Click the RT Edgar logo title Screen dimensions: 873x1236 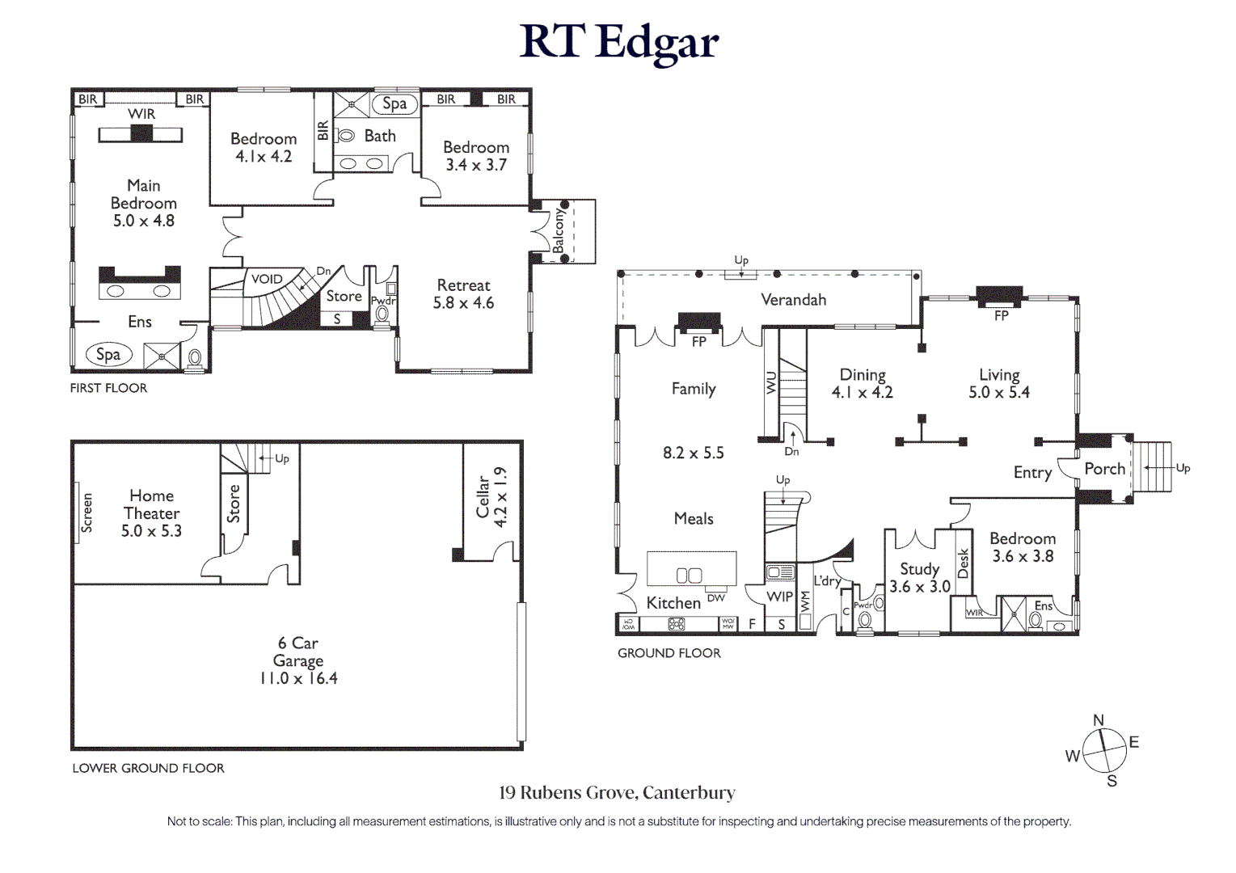[618, 42]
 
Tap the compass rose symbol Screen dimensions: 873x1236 [1103, 751]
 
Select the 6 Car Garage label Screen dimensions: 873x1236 [298, 652]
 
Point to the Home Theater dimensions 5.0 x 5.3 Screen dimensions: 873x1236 [151, 531]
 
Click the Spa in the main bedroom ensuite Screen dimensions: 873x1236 [108, 354]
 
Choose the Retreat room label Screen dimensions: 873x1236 [463, 285]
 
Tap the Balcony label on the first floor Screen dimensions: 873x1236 [559, 231]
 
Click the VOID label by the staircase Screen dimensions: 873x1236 [267, 279]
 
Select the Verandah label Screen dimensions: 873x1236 [793, 300]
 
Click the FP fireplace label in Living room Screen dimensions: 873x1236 [1001, 316]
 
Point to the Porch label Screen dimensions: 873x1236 [1104, 469]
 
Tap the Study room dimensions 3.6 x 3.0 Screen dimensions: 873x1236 [919, 587]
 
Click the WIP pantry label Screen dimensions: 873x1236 [779, 597]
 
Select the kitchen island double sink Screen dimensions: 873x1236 [689, 576]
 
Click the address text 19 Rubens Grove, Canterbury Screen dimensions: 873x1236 [617, 793]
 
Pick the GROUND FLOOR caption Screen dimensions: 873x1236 [669, 653]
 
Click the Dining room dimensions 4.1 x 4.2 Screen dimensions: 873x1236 [862, 393]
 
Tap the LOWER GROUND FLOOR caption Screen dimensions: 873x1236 [148, 768]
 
